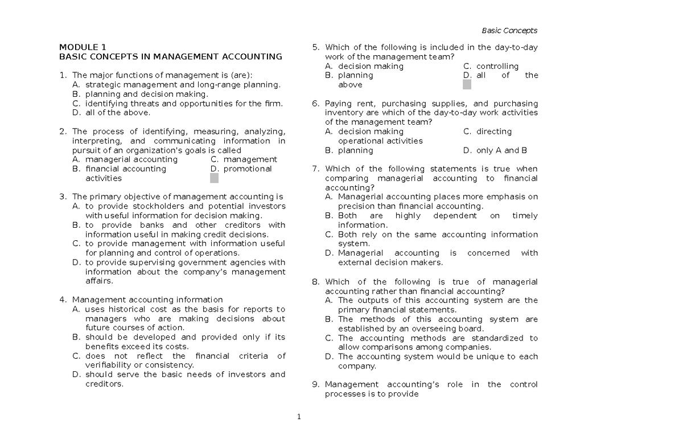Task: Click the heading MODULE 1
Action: pos(83,47)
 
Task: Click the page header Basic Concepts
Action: pos(509,31)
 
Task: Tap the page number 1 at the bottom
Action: pos(298,417)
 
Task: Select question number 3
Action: pos(62,197)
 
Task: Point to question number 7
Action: pos(315,169)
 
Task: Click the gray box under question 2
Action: pos(214,178)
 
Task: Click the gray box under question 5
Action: pos(467,85)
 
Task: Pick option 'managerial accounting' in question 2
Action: pos(131,159)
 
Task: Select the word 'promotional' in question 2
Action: pos(248,169)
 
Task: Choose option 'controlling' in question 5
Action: pos(497,66)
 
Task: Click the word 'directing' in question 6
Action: pos(494,132)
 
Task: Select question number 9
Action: pos(315,384)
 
